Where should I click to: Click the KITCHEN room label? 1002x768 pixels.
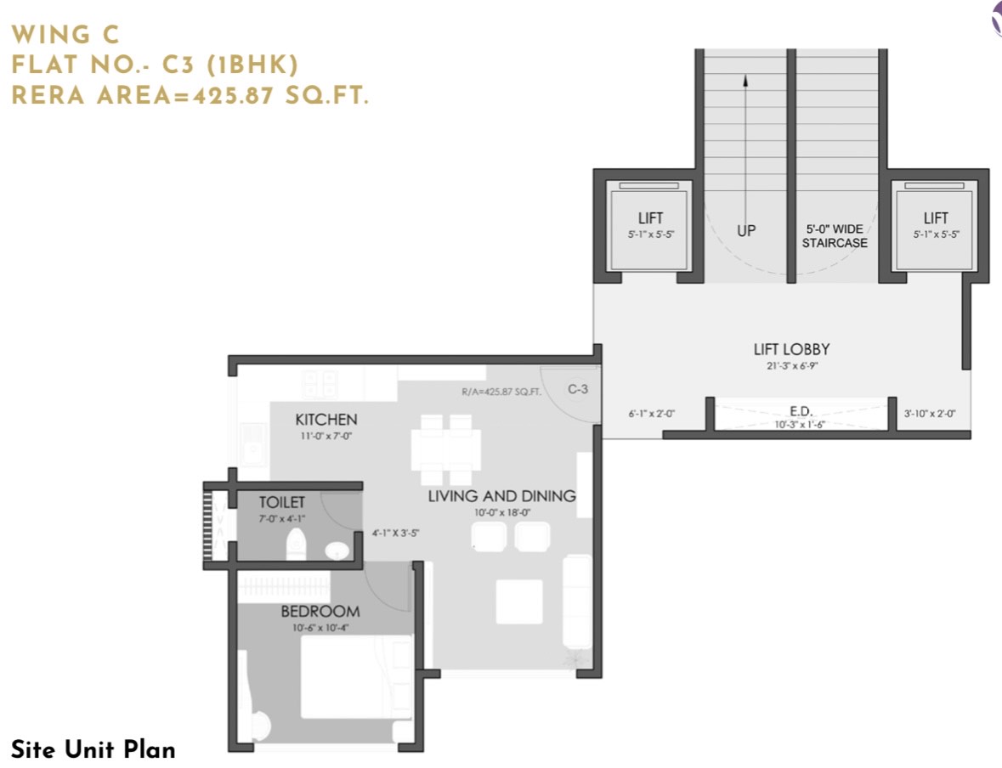326,420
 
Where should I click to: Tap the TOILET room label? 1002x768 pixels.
282,502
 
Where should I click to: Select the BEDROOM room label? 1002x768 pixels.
320,612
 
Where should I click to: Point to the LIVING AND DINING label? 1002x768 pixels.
501,496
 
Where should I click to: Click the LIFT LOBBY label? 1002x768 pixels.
792,349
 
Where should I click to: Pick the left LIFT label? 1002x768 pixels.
650,217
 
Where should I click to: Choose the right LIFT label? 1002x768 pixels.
936,217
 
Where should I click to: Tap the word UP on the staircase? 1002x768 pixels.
746,231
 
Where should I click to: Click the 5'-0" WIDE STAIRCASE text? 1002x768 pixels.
835,236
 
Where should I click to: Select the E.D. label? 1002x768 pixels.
801,411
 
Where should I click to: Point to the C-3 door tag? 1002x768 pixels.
578,389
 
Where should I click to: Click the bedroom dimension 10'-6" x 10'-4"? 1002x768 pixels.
320,628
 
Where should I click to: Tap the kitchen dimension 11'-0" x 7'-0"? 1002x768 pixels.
326,437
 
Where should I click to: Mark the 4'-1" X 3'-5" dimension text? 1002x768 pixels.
395,533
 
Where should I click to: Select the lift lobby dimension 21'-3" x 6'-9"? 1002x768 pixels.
792,366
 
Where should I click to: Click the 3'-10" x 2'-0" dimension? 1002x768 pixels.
930,414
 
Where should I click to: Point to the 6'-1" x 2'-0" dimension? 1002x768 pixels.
651,414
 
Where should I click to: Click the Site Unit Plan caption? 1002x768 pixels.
93,748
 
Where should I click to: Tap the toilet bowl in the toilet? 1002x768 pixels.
296,543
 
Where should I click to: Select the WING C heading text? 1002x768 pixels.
65,35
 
